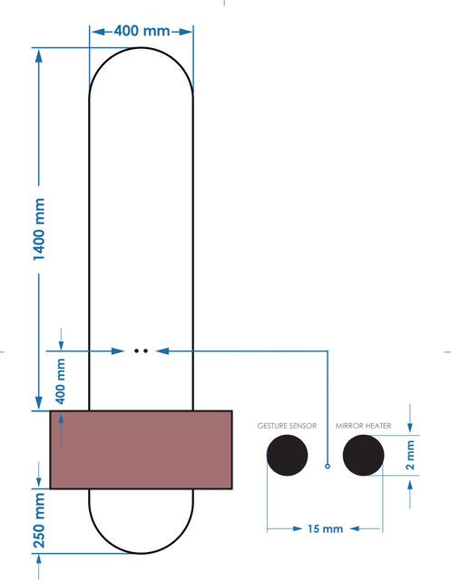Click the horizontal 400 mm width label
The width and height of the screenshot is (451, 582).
(142, 31)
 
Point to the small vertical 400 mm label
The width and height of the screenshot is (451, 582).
(61, 381)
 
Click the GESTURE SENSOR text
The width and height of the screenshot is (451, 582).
(287, 425)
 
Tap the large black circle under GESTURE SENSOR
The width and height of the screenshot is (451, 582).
(287, 456)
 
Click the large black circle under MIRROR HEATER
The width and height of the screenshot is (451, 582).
(363, 456)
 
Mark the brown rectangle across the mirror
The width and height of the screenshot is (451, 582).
(141, 449)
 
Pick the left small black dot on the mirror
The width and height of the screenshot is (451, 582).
(135, 349)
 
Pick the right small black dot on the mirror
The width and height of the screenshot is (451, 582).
(144, 349)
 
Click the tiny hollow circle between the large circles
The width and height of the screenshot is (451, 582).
(328, 467)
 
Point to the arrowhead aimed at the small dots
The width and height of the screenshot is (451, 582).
(161, 349)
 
